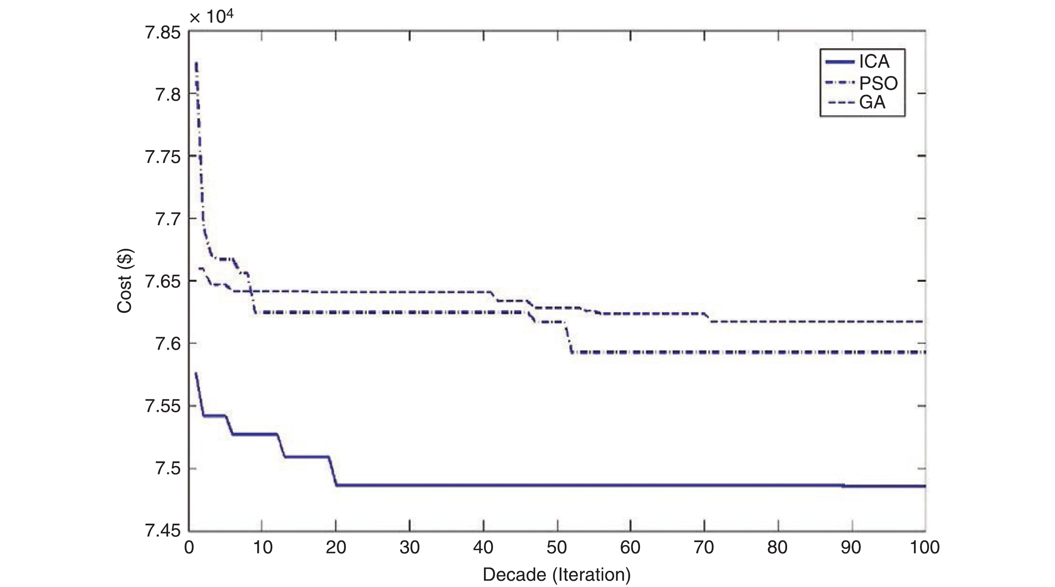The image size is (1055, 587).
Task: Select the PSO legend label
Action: click(x=878, y=83)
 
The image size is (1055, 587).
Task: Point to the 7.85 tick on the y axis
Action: click(x=163, y=33)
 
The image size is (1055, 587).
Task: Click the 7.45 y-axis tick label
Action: click(x=163, y=531)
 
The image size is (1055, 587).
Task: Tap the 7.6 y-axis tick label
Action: click(x=168, y=344)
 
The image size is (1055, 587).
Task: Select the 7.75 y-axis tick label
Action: click(x=163, y=157)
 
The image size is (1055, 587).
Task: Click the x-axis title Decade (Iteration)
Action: click(x=556, y=575)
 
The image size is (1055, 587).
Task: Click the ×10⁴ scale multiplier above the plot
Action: click(x=211, y=17)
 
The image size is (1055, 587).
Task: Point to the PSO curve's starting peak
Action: click(x=197, y=63)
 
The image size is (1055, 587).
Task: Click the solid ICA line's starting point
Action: click(x=196, y=373)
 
